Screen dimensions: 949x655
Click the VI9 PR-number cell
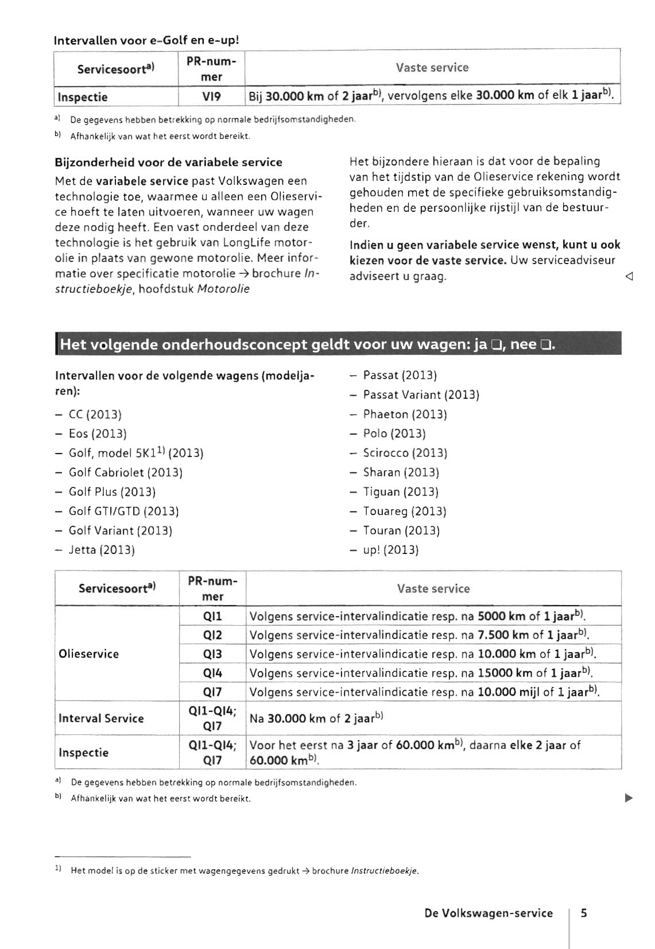212,97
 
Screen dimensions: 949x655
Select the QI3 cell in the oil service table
212,654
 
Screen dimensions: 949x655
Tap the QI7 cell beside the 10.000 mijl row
212,692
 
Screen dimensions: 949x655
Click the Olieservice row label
89,654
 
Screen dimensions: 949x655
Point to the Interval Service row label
101,718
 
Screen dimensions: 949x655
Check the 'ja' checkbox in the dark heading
498,346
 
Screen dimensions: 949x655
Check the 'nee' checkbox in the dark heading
545,346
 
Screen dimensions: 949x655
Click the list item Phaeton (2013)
405,415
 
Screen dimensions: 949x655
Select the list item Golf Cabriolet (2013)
125,472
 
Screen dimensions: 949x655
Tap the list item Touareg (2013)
404,511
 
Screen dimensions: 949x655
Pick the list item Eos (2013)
98,433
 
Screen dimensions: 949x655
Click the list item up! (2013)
390,550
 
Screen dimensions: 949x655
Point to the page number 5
584,913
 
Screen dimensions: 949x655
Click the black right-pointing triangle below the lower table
629,797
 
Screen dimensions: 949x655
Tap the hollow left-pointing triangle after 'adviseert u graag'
629,277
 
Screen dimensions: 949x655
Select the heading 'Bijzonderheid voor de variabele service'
168,162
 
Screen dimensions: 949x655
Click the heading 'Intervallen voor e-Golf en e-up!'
146,41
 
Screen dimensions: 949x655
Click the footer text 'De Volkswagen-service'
489,913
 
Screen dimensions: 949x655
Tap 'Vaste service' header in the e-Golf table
432,68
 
